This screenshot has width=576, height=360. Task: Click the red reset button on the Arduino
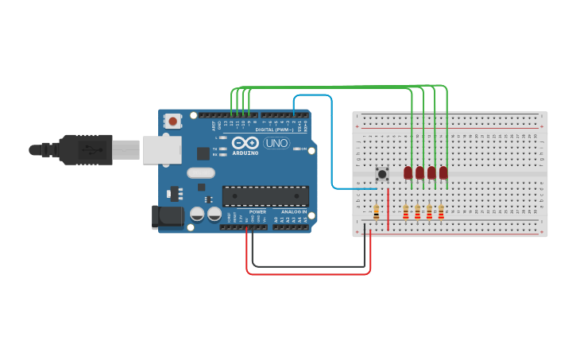[x=172, y=121]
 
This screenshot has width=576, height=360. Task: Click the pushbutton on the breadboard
[x=382, y=173]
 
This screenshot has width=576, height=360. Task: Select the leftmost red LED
[x=408, y=172]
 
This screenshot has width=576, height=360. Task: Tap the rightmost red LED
[x=443, y=172]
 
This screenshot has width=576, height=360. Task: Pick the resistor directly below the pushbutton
[x=376, y=211]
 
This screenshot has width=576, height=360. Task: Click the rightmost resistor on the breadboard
[x=441, y=211]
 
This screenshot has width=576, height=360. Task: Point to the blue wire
[x=331, y=143]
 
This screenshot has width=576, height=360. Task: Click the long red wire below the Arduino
[x=310, y=274]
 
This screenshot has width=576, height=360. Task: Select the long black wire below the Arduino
[x=310, y=266]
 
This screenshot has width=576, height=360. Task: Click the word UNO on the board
[x=276, y=144]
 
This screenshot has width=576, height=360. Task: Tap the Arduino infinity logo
[x=245, y=143]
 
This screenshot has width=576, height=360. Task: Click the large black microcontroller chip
[x=265, y=195]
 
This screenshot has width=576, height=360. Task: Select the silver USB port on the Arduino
[x=161, y=149]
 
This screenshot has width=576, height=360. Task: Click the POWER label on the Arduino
[x=257, y=212]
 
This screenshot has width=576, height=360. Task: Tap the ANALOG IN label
[x=290, y=212]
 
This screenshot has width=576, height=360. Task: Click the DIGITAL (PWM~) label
[x=270, y=130]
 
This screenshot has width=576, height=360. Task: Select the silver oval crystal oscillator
[x=201, y=172]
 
